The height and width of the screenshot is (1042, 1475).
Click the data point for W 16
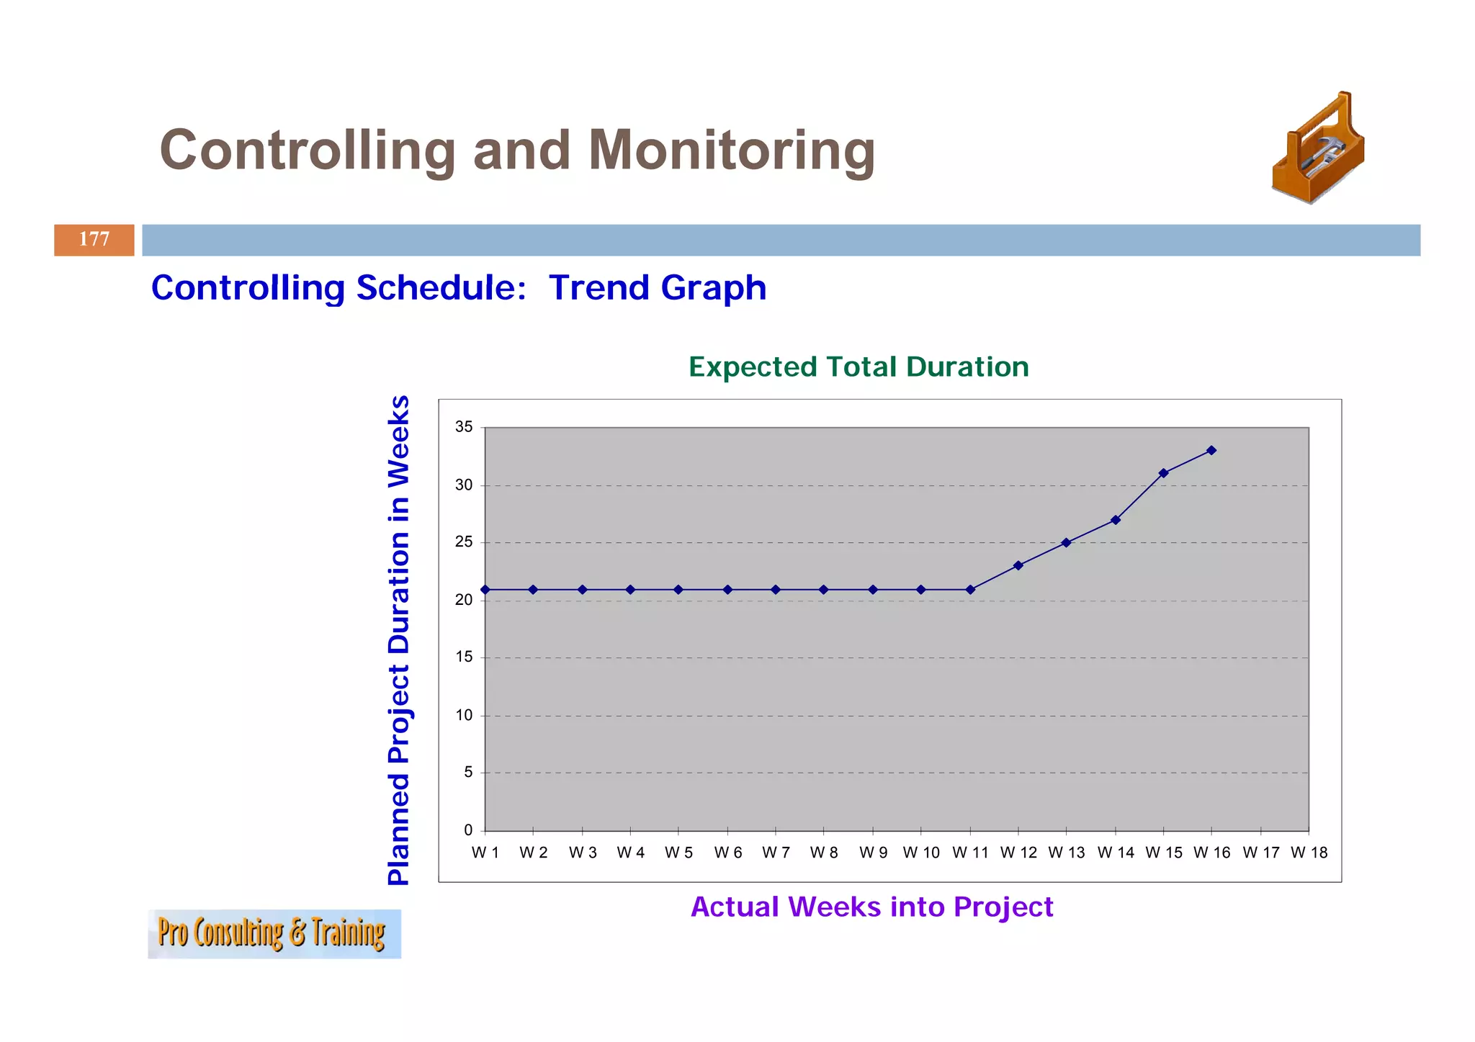coord(1211,450)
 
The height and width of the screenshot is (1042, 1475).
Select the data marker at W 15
coord(1163,473)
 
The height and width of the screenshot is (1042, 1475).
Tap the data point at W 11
coord(970,590)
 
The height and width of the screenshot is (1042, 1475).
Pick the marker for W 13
coord(1066,543)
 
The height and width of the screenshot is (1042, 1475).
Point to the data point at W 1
coord(485,590)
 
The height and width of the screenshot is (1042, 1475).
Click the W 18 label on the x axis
coord(1309,853)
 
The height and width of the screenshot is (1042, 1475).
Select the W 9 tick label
coord(873,853)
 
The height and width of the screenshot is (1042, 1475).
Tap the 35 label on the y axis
coord(464,427)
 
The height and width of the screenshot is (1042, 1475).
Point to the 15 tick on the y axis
coord(464,657)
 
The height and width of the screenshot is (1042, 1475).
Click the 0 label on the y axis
coord(468,830)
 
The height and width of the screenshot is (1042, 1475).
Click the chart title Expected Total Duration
coord(858,367)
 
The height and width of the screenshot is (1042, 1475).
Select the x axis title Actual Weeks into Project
coord(871,907)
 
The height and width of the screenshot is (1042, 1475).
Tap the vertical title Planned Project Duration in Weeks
coord(399,639)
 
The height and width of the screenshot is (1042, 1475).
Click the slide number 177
coord(94,239)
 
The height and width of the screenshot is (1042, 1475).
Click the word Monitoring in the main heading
coord(731,151)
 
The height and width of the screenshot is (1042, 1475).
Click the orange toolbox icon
coord(1317,149)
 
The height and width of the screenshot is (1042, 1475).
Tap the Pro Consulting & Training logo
coord(274,933)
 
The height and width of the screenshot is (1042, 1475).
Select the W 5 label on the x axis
coord(678,853)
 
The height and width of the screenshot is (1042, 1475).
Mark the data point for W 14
coord(1115,520)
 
